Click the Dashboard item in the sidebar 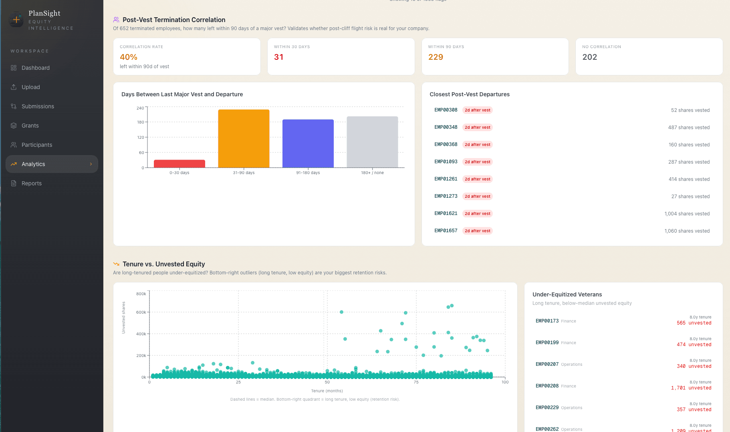click(x=36, y=68)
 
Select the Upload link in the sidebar click(x=31, y=87)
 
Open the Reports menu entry click(x=32, y=183)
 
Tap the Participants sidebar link click(x=37, y=145)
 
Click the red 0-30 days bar click(x=179, y=164)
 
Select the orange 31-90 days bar click(x=244, y=138)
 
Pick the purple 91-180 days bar click(x=308, y=143)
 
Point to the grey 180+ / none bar click(x=372, y=142)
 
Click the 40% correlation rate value click(x=129, y=57)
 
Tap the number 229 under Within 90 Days click(x=436, y=57)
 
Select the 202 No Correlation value click(x=589, y=57)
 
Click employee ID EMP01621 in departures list click(x=446, y=213)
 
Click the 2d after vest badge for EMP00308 click(x=477, y=110)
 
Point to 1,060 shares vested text click(x=687, y=231)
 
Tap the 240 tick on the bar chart click(x=140, y=108)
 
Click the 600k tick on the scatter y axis click(x=141, y=312)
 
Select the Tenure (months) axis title click(x=327, y=391)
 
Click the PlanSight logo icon click(x=16, y=19)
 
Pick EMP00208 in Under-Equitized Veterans click(x=547, y=386)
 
